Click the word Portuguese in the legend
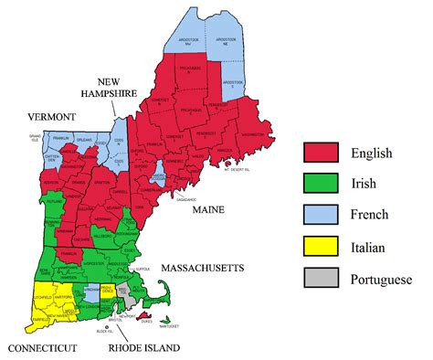(379, 279)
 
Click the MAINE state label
(209, 210)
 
